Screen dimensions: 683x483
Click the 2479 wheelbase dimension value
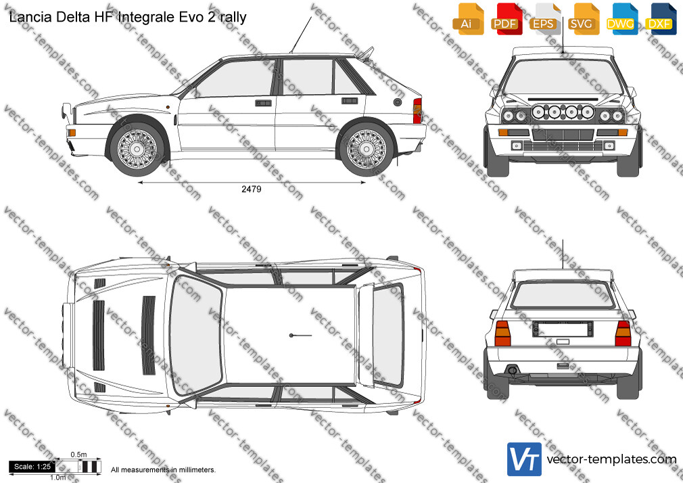click(x=252, y=189)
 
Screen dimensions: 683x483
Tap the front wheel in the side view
click(x=137, y=149)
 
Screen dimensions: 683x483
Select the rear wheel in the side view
click(x=367, y=149)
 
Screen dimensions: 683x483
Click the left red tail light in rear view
click(x=502, y=333)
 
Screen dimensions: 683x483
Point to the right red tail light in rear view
click(x=623, y=333)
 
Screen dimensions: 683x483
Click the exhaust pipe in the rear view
click(x=513, y=371)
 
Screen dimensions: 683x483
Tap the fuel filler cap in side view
click(x=397, y=102)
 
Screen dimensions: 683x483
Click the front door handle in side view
click(x=263, y=103)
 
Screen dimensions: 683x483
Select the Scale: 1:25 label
click(x=32, y=467)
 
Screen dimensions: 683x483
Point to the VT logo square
click(x=525, y=459)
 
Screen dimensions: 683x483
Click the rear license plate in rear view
click(x=563, y=329)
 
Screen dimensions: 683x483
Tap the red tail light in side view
click(x=417, y=111)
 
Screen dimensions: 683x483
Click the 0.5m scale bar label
click(x=79, y=455)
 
